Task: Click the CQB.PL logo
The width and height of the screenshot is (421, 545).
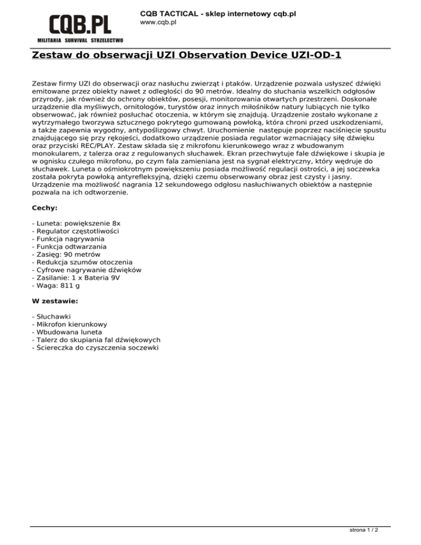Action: coord(80,25)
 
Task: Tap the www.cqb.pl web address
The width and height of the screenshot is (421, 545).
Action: coord(158,22)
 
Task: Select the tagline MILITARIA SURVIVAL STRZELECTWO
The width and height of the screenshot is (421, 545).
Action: coord(80,41)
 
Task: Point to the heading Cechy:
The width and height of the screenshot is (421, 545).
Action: coord(45,208)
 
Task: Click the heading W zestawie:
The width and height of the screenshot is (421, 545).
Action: coord(55,301)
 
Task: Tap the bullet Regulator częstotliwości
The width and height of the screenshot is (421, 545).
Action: coord(76,231)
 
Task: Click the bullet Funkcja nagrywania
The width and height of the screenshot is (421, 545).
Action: coord(69,239)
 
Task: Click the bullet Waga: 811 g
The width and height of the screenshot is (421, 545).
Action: coord(56,285)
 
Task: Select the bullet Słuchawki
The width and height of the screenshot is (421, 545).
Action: coord(55,316)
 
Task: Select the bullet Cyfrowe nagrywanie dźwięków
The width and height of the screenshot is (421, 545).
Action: coord(88,270)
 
